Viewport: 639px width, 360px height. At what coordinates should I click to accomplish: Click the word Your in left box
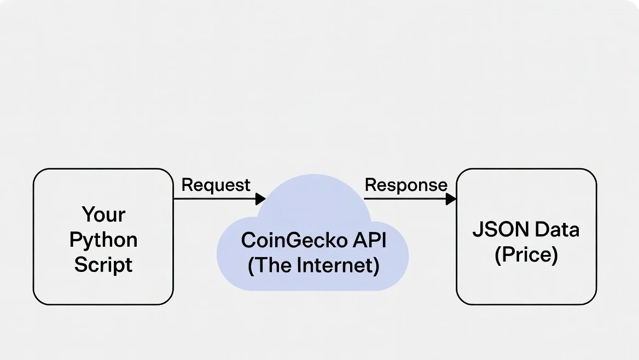pyautogui.click(x=103, y=214)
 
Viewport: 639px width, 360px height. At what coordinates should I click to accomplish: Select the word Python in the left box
pyautogui.click(x=103, y=240)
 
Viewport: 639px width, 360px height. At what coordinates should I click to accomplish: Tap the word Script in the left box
pyautogui.click(x=103, y=265)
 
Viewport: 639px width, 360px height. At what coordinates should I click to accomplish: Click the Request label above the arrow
pyautogui.click(x=216, y=185)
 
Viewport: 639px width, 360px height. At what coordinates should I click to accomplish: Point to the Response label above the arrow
pyautogui.click(x=405, y=185)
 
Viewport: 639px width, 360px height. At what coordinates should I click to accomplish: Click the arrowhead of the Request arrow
pyautogui.click(x=260, y=199)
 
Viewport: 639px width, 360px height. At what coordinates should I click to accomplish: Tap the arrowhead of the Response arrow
pyautogui.click(x=451, y=199)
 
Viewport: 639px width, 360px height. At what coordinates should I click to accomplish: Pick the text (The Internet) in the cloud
pyautogui.click(x=313, y=265)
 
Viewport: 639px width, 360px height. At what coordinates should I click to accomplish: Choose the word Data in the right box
pyautogui.click(x=557, y=229)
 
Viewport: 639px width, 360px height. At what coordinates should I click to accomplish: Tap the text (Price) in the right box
pyautogui.click(x=526, y=254)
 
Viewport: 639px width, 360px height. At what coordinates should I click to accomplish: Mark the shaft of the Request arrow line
pyautogui.click(x=213, y=199)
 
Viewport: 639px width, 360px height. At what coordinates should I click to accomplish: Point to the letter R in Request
pyautogui.click(x=187, y=185)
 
